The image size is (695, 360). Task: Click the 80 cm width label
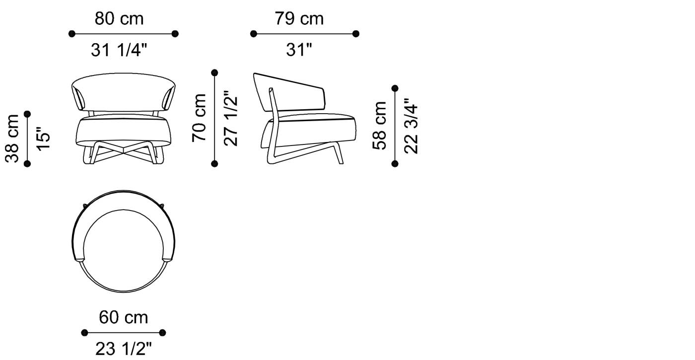click(119, 19)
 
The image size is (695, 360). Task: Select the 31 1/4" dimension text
click(119, 50)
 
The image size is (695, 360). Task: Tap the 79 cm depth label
click(299, 19)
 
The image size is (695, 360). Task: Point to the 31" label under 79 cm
click(299, 50)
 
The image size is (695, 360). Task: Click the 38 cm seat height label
click(12, 139)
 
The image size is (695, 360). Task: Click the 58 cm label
click(380, 126)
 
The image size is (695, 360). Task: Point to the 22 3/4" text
click(412, 126)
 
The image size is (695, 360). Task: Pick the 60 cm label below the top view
click(123, 317)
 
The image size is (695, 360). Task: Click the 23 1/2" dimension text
click(123, 349)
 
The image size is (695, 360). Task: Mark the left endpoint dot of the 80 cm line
click(72, 34)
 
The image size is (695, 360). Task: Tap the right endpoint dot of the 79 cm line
click(356, 34)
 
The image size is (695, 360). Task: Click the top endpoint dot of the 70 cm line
click(215, 72)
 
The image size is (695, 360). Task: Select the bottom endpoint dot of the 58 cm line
click(395, 163)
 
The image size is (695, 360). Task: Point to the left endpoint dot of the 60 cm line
click(84, 333)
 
